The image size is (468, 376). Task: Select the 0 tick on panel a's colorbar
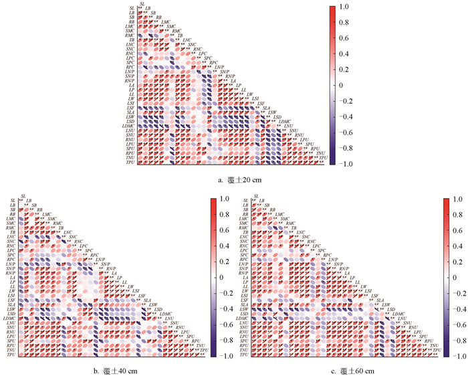pos(345,86)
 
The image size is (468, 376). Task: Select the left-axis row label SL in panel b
pos(12,200)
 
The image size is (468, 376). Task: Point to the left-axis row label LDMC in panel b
pos(10,317)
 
